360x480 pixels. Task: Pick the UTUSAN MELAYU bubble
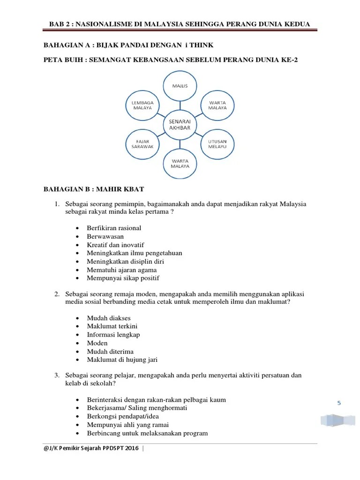pos(217,143)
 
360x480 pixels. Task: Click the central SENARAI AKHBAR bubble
pos(180,124)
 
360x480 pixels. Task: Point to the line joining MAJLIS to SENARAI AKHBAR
pos(180,105)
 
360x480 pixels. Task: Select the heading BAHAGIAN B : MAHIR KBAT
pos(94,189)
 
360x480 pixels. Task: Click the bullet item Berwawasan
pos(105,237)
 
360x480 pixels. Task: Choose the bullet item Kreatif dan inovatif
pos(115,245)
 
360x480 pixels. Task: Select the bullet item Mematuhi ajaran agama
pos(122,270)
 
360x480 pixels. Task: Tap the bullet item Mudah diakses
pos(109,318)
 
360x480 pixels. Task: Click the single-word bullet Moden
pos(97,343)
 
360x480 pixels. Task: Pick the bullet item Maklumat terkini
pos(112,326)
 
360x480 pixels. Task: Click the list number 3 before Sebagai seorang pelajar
pos(56,375)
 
